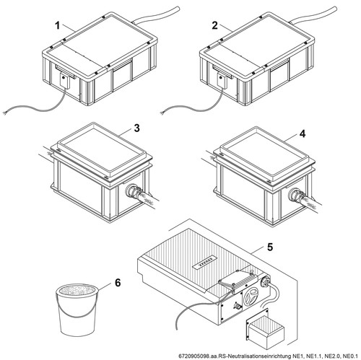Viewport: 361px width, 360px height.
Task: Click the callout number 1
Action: point(57,25)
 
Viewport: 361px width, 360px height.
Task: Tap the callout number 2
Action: point(214,25)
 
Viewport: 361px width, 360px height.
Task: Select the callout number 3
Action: point(136,128)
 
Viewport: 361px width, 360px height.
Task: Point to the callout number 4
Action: point(303,134)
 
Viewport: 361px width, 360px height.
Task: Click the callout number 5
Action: point(270,247)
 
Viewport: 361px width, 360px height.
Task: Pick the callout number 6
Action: point(118,283)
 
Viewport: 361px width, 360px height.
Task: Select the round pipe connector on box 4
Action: point(295,194)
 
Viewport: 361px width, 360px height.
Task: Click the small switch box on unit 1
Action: point(64,80)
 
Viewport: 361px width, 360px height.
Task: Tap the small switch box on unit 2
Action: point(222,81)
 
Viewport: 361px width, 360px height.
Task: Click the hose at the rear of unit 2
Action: point(314,15)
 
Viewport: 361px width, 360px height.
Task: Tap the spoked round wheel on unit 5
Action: point(251,296)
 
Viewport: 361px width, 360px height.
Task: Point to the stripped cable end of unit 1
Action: point(4,113)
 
